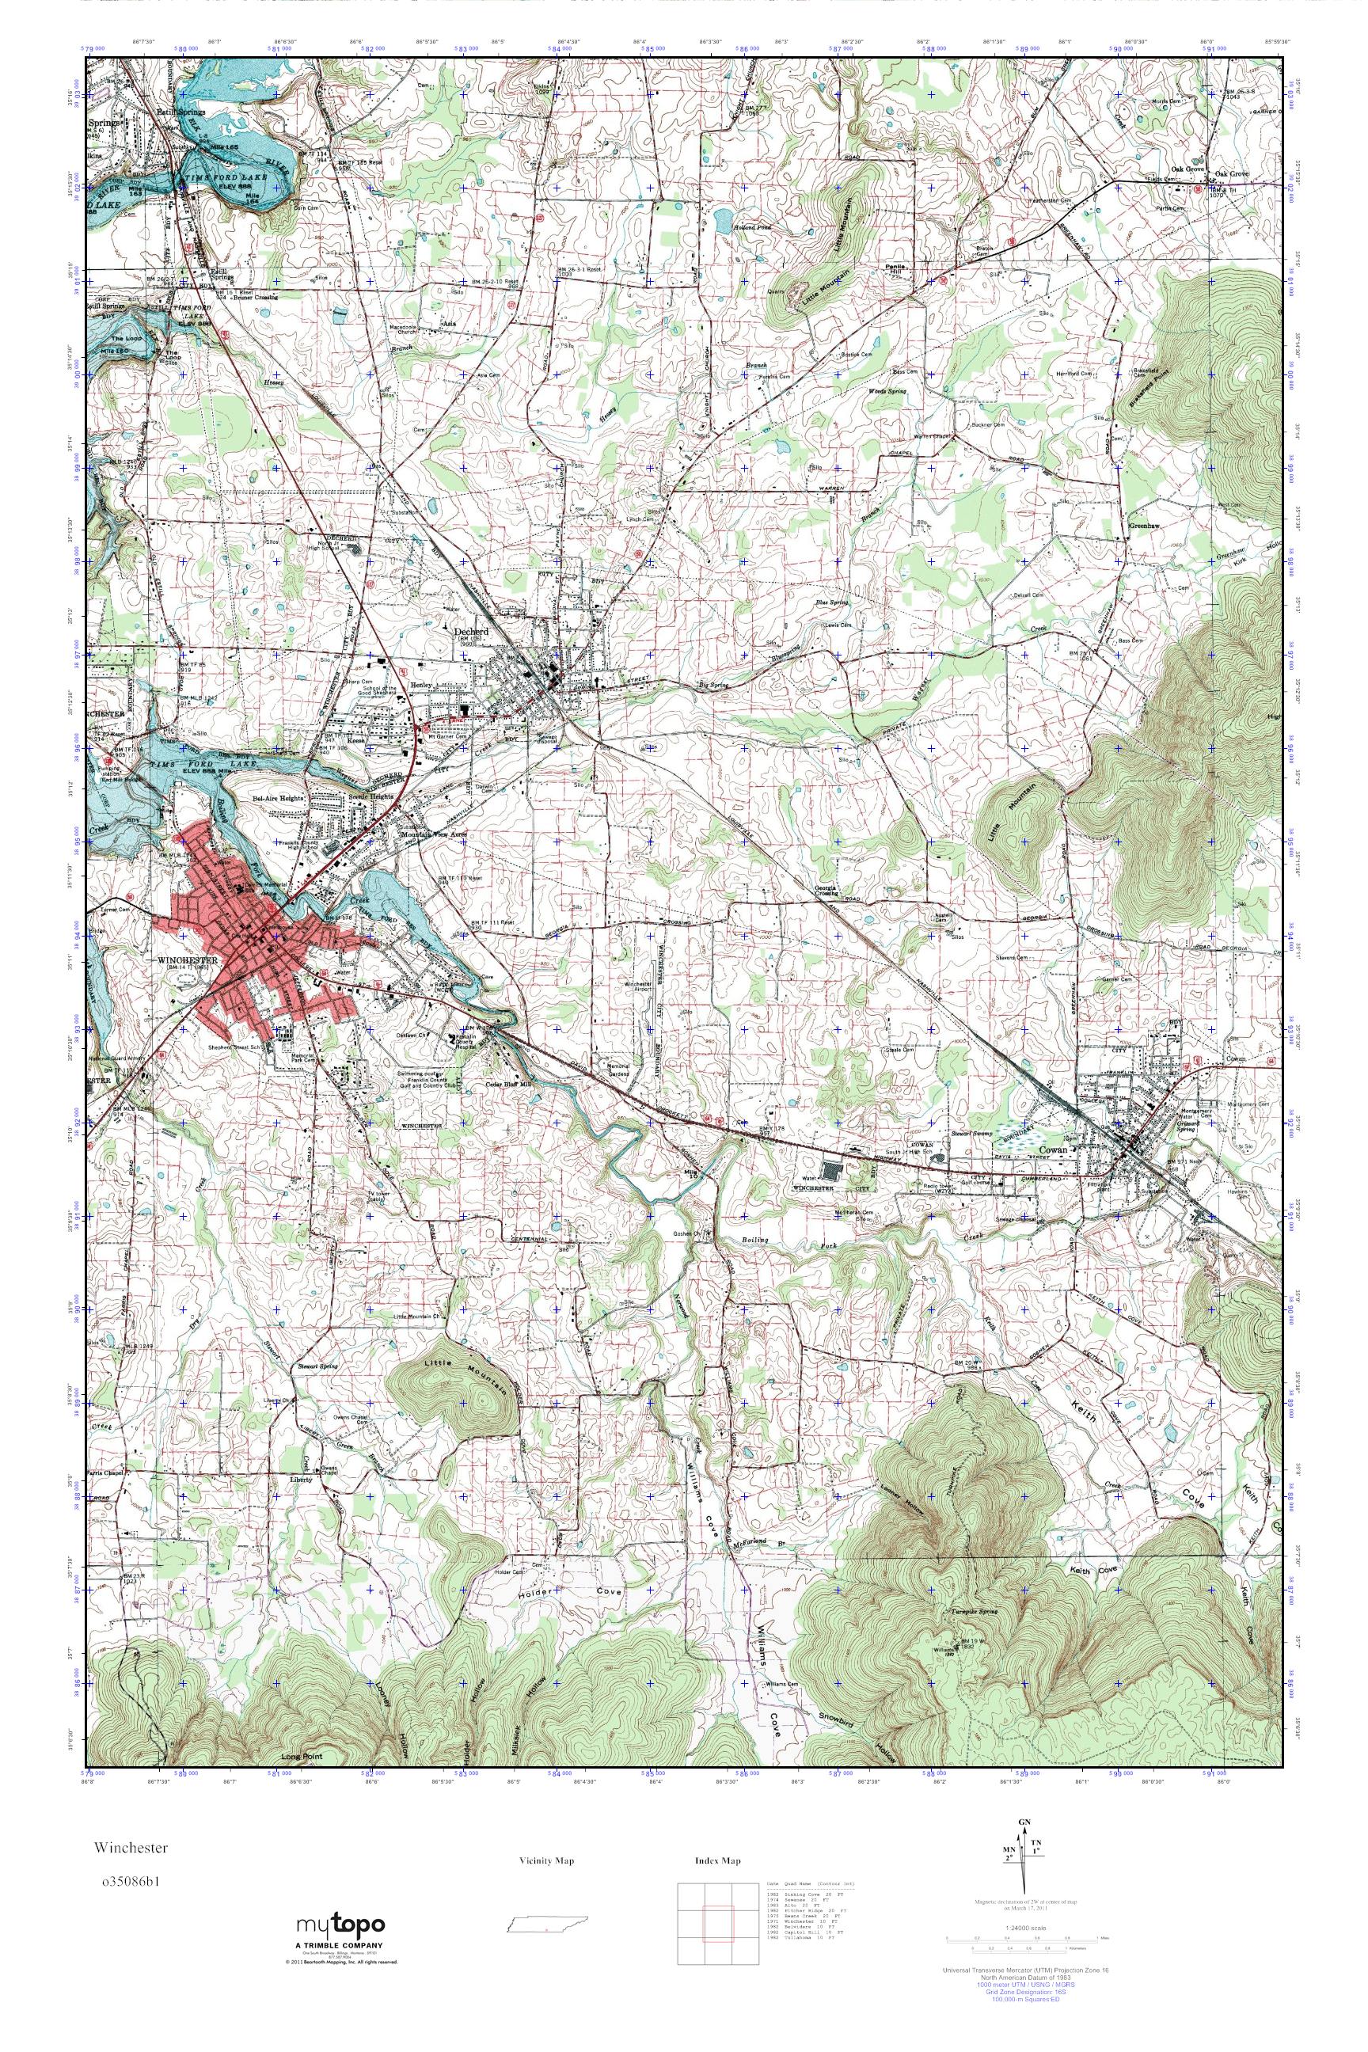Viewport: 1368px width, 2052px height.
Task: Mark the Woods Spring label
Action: point(888,392)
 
